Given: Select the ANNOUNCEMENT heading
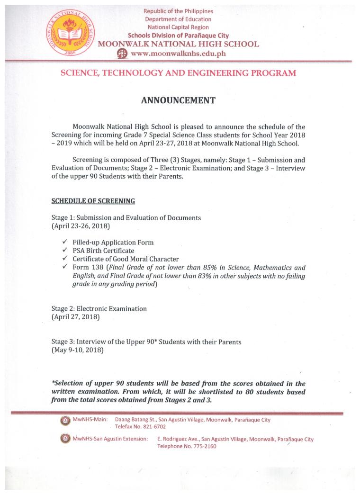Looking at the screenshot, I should (179, 100).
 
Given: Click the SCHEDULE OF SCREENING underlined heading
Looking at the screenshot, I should (93, 201).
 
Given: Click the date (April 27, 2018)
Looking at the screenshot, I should (75, 317).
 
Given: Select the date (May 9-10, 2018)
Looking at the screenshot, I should (77, 351).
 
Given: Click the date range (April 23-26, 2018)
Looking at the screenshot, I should (81, 226).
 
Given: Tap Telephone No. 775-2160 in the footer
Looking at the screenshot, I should (187, 446).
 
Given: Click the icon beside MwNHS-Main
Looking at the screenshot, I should (64, 420).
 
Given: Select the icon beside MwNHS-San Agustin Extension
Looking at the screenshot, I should (64, 439).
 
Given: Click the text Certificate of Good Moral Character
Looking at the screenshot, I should (126, 259).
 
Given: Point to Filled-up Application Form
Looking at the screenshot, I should (113, 242).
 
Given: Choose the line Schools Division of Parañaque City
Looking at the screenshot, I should (178, 36).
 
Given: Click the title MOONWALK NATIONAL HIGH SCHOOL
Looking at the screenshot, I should (178, 44).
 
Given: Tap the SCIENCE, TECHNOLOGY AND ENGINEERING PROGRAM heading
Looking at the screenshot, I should (178, 73).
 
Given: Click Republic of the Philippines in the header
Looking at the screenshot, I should (178, 11).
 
